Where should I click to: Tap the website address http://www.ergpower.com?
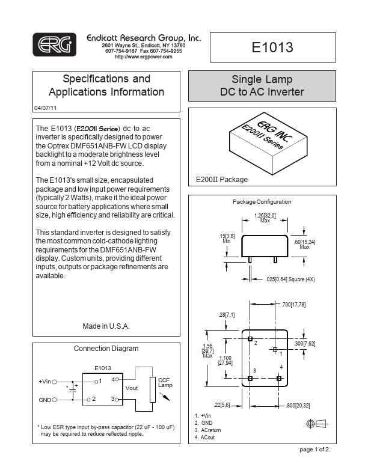coord(143,56)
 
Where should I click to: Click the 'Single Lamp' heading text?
coord(262,80)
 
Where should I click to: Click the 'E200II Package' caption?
coord(222,180)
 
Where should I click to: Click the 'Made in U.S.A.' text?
coord(106,326)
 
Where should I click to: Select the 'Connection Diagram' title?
coord(106,349)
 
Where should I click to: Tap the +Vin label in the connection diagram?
coord(46,381)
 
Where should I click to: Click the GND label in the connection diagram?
coord(45,399)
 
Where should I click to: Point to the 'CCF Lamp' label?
coord(165,383)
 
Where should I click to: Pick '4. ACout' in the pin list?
coord(205,438)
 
